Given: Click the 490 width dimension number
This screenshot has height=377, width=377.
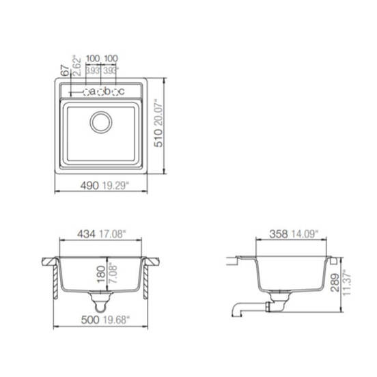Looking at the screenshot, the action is (89, 186).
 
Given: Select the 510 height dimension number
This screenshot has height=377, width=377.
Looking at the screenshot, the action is (158, 138).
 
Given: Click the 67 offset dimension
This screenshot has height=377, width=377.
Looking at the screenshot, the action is (65, 70).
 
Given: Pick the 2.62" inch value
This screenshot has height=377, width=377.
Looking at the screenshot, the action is (77, 66).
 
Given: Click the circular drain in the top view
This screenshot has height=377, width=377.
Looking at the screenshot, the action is (101, 122).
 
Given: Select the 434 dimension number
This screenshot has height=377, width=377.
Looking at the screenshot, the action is (86, 234).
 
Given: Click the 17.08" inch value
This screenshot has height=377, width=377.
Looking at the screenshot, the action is (113, 234).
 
